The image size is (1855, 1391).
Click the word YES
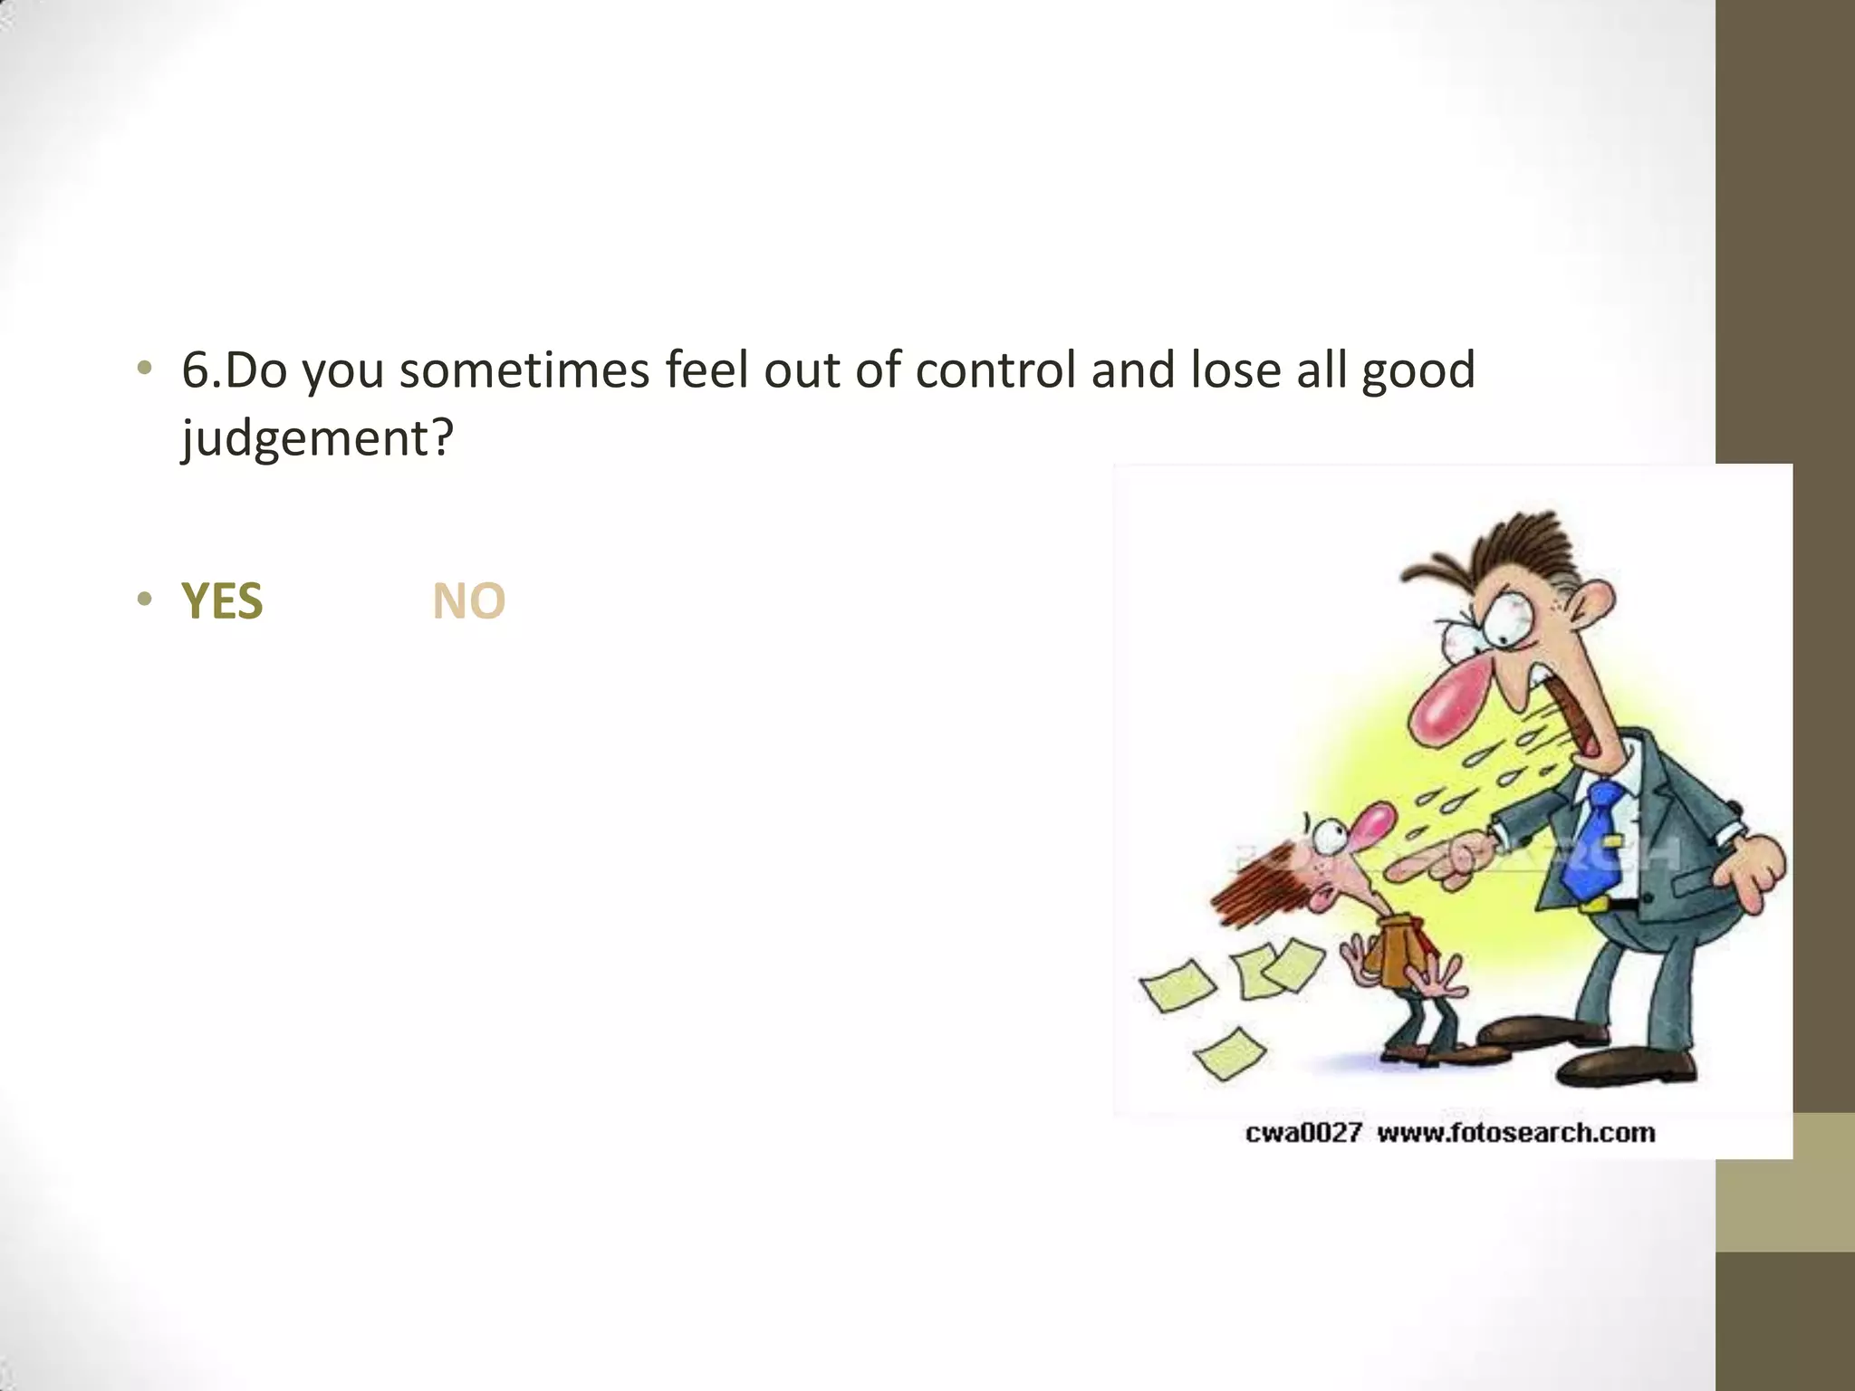pos(222,601)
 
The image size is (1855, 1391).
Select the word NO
pos(468,601)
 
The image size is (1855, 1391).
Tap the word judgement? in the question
pos(317,439)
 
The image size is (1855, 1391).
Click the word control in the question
pos(995,370)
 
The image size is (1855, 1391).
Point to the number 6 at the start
pos(196,370)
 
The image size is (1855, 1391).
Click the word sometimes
pos(524,370)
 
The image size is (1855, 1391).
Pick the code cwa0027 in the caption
pos(1302,1133)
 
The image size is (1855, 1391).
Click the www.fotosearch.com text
pos(1515,1133)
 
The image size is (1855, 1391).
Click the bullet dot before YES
pos(144,600)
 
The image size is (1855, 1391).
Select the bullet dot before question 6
pos(144,368)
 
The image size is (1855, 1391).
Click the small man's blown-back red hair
pos(1254,887)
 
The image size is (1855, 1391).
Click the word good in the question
pos(1418,370)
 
